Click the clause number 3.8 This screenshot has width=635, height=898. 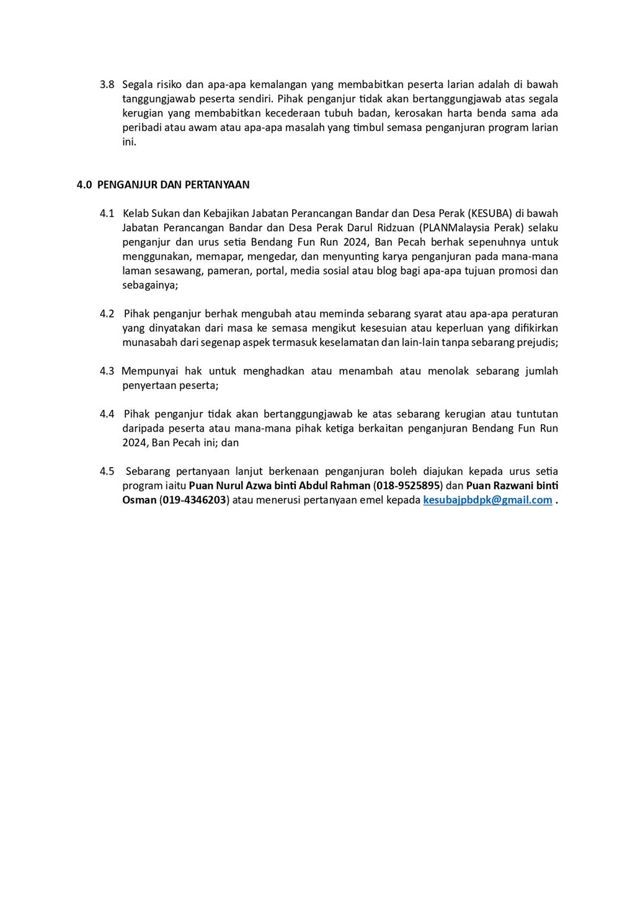coord(107,84)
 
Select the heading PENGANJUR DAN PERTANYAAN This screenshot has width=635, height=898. coord(173,185)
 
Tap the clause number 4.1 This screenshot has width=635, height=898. coord(107,213)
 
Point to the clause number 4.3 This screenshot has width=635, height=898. coord(107,371)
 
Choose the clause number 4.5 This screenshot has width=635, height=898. coord(107,471)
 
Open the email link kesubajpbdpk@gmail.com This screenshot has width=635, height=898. coord(487,500)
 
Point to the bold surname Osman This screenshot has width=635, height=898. coord(139,500)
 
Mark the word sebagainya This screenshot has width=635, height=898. coord(149,285)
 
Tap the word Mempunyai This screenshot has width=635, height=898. coord(149,371)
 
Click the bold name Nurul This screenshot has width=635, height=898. coord(229,486)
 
